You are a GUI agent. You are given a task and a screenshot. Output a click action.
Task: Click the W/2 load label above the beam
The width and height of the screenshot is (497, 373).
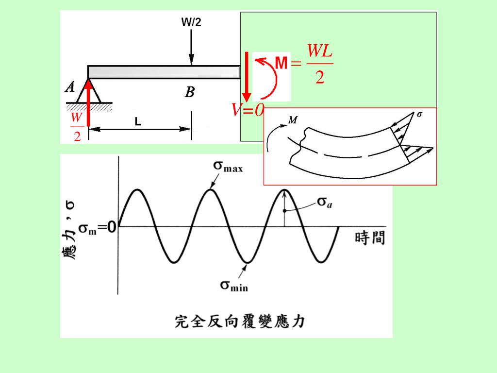(x=191, y=22)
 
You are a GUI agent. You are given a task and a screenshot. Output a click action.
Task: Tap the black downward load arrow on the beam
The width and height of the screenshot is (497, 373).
(x=192, y=47)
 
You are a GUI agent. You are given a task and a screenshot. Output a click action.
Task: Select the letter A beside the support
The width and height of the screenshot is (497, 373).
(x=70, y=87)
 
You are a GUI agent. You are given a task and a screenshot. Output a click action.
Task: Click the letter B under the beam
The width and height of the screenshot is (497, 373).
(x=190, y=92)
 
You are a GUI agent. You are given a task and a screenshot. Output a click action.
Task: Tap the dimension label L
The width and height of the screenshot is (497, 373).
(x=138, y=122)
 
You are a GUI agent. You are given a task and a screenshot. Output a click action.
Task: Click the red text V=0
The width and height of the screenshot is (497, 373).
(x=248, y=111)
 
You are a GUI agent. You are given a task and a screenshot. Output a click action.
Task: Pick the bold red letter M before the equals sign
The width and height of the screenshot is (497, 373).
(x=282, y=63)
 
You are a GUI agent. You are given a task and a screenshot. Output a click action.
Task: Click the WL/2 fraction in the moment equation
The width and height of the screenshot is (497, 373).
(x=320, y=64)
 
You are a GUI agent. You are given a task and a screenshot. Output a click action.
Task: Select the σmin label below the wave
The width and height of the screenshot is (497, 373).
(x=234, y=285)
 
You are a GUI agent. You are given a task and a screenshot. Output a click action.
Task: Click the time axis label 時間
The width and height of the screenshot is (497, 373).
(x=370, y=238)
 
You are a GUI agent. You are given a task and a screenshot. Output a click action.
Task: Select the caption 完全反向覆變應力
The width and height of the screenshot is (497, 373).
(x=239, y=321)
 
